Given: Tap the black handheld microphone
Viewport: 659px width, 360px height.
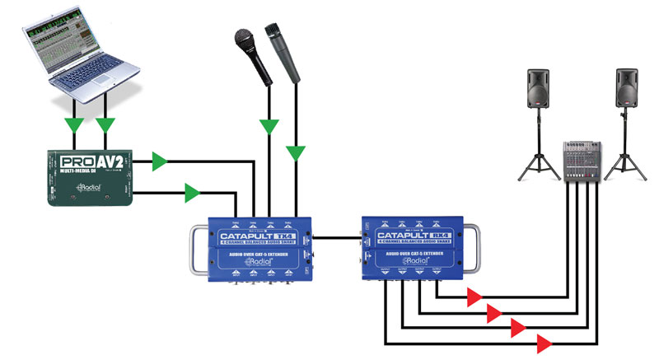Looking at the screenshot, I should tap(252, 54).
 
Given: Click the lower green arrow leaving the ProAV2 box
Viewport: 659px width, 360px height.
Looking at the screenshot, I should tap(192, 194).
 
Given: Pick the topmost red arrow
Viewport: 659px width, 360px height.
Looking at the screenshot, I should tap(474, 297).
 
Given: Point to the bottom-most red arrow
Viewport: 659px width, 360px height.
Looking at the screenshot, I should tap(544, 342).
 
